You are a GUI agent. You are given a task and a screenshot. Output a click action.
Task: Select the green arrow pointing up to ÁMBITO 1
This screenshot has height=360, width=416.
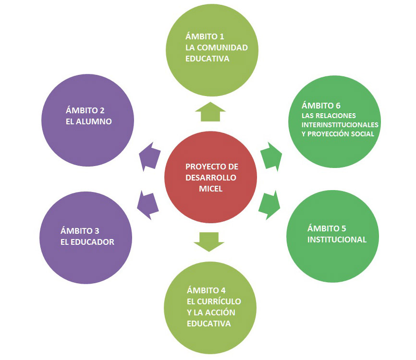pyautogui.click(x=210, y=111)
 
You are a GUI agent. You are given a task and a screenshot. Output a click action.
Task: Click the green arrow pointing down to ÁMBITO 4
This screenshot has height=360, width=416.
pyautogui.click(x=209, y=241)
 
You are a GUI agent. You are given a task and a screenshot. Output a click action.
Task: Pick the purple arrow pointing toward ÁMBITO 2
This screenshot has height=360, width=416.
pyautogui.click(x=149, y=156)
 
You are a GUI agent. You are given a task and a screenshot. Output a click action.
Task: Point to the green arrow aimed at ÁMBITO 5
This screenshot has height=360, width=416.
pyautogui.click(x=270, y=204)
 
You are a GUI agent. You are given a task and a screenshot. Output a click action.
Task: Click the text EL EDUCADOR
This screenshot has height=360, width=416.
pyautogui.click(x=87, y=241)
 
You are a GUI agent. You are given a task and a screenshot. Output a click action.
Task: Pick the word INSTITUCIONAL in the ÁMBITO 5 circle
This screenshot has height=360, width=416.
pyautogui.click(x=337, y=239)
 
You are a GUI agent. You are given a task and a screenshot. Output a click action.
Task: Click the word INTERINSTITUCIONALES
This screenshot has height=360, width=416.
pyautogui.click(x=340, y=125)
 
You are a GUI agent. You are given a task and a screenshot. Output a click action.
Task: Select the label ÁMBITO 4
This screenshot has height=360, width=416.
pyautogui.click(x=206, y=290)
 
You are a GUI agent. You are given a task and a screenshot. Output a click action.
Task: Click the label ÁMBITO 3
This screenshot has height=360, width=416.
pyautogui.click(x=80, y=230)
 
